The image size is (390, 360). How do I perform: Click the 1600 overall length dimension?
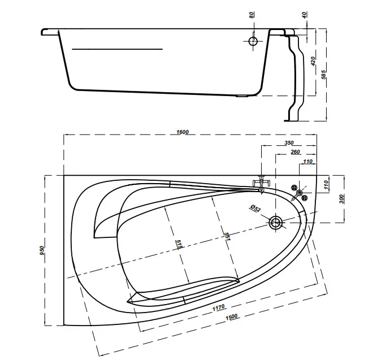[x=183, y=132]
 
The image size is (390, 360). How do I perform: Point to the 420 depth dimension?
[x=313, y=61]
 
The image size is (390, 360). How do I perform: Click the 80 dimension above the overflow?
[x=252, y=15]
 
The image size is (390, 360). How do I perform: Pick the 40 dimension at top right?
[x=305, y=15]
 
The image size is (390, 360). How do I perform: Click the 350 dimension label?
[x=289, y=143]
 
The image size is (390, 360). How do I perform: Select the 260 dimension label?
[x=295, y=151]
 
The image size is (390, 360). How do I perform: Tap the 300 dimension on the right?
[x=341, y=199]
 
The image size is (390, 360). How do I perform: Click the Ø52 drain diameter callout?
[x=255, y=208]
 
